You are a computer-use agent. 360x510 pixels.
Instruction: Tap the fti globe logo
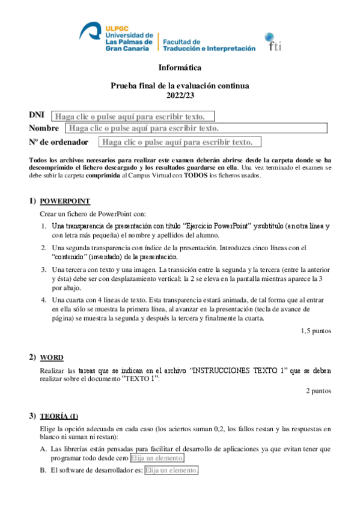tap(275, 40)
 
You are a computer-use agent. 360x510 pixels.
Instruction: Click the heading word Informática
tap(180, 68)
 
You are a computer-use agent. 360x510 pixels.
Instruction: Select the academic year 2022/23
tap(180, 95)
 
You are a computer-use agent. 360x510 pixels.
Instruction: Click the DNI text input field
tap(132, 116)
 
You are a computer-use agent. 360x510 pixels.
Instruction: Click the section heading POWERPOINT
tap(65, 201)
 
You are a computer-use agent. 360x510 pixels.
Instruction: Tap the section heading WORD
tap(52, 357)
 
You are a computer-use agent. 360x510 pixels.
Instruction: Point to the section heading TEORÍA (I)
tap(59, 416)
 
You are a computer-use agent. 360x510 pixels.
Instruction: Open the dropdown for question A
tap(157, 458)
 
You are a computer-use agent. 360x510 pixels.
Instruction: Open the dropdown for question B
tap(171, 470)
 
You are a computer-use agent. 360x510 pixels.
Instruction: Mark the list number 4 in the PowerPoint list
tap(43, 300)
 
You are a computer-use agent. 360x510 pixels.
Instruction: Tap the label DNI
tap(37, 115)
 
